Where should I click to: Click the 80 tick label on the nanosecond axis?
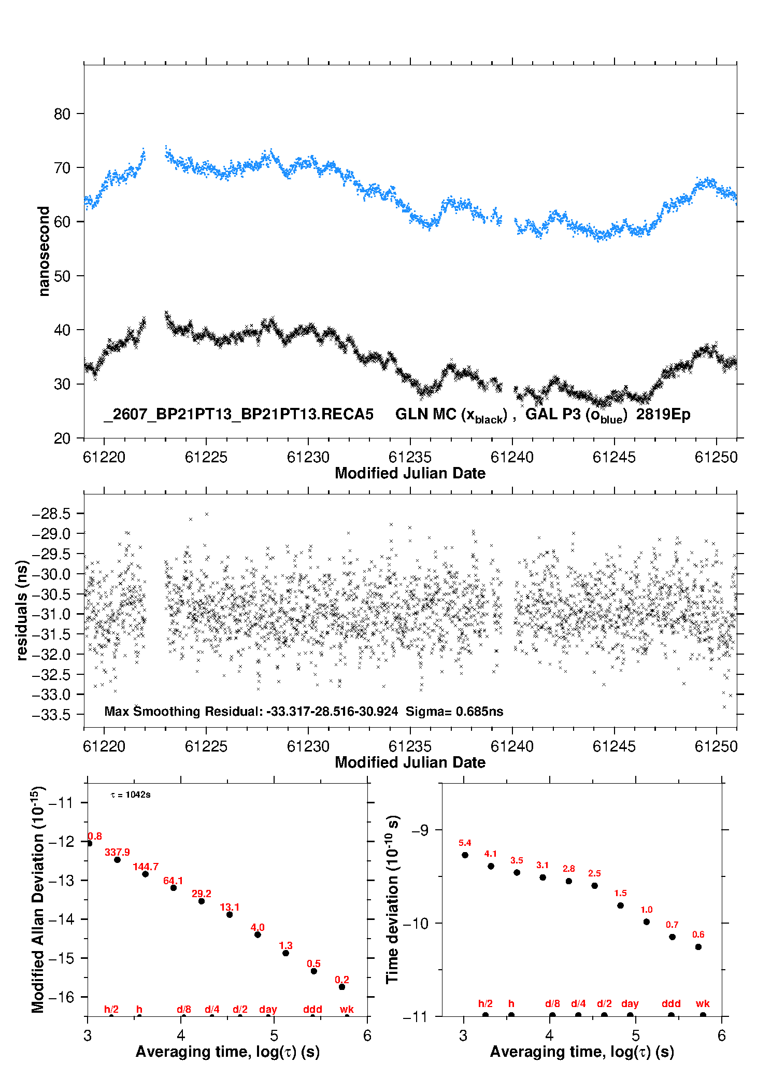tap(62, 114)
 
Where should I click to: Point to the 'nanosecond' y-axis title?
tap(44, 251)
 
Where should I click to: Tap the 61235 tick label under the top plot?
tap(410, 457)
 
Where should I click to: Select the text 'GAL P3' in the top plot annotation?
tap(553, 414)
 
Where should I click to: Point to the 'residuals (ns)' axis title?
tap(22, 610)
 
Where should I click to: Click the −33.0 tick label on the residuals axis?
tap(51, 695)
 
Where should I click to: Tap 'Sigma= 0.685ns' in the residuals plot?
tap(454, 712)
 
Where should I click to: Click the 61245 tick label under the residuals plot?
tap(614, 746)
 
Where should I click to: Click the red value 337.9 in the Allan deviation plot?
tap(117, 852)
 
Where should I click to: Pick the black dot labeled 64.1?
tap(174, 888)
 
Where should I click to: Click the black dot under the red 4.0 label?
tap(258, 934)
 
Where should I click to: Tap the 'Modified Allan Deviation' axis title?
tap(38, 899)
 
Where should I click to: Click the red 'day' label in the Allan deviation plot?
tap(268, 1009)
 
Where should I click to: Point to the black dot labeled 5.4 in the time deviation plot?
tap(465, 855)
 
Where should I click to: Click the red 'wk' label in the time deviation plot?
tap(703, 1003)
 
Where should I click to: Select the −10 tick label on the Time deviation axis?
tap(416, 923)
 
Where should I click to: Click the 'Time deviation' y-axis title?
tap(392, 899)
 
